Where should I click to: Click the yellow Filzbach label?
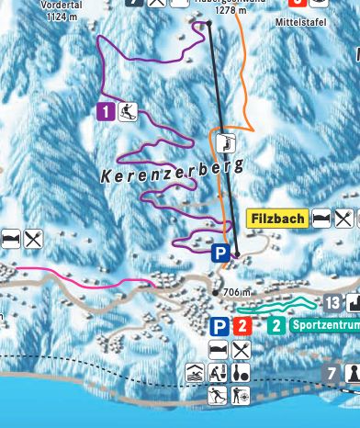tap(277, 219)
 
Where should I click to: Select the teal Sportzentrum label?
tap(323, 325)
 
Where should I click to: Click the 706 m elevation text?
tap(236, 292)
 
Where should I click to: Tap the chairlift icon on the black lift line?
tap(226, 141)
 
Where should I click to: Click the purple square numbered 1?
tap(105, 112)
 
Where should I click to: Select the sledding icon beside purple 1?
tap(127, 112)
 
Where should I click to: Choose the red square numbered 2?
tap(242, 325)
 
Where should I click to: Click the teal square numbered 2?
tap(276, 325)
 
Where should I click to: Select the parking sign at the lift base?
tap(220, 253)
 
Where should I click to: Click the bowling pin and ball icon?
tap(241, 374)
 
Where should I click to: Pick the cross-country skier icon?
tap(218, 396)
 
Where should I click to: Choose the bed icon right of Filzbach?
tap(322, 219)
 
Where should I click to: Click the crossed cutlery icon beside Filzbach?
tap(344, 219)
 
